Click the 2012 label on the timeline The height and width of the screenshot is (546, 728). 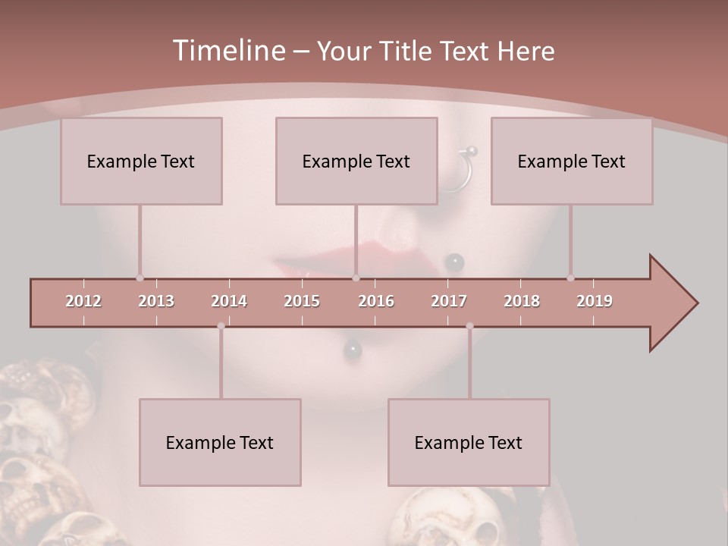[x=83, y=301]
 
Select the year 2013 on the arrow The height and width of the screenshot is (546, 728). [x=156, y=301]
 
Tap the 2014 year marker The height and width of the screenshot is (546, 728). [x=229, y=301]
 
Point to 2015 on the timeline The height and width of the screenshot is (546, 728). [x=302, y=301]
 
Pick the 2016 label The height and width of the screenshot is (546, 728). [x=376, y=301]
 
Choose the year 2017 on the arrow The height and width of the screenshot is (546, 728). [x=449, y=301]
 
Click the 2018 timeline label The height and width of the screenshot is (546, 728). [x=522, y=301]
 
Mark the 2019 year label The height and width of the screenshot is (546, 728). [x=595, y=301]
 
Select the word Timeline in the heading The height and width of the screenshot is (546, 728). [x=227, y=51]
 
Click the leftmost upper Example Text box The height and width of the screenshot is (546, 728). [x=141, y=161]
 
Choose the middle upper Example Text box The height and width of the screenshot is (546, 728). [x=356, y=161]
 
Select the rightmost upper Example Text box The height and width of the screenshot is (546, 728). [x=572, y=161]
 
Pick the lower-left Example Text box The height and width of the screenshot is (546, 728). [x=220, y=442]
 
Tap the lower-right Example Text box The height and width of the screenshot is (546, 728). [x=469, y=442]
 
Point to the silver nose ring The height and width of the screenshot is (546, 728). [x=464, y=168]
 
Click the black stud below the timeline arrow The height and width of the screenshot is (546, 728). [x=353, y=349]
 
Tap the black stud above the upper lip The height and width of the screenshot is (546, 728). [x=454, y=262]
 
